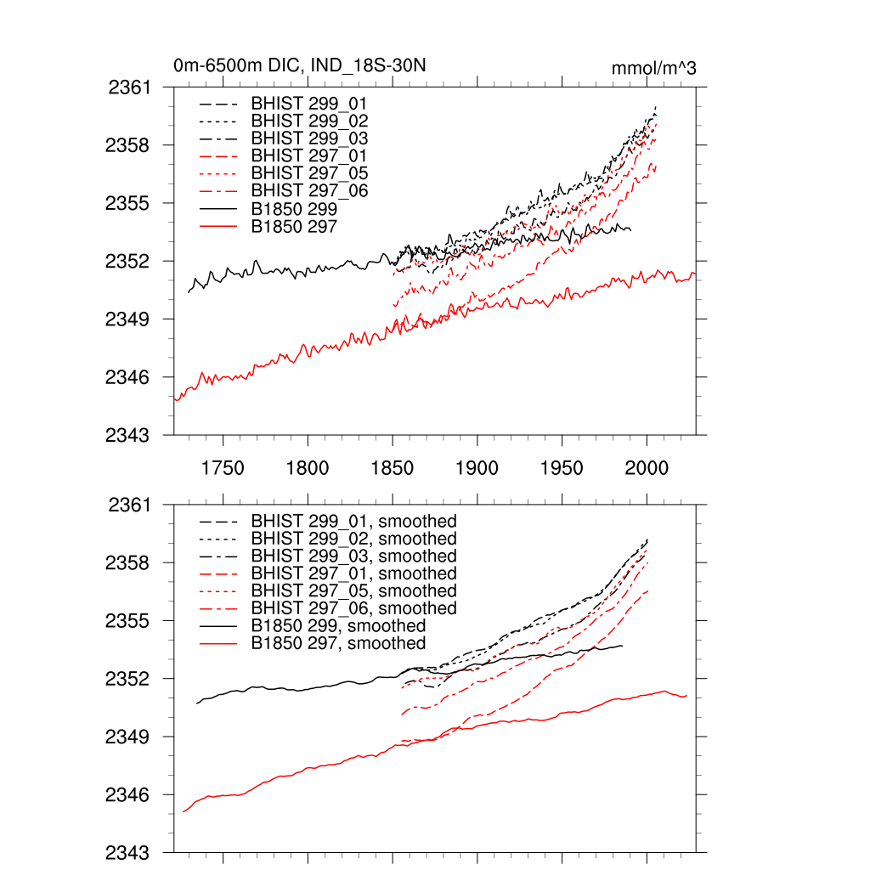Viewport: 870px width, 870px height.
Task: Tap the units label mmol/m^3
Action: tap(653, 68)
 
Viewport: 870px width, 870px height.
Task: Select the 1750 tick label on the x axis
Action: tap(223, 468)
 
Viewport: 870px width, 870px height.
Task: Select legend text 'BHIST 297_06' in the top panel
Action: tap(309, 190)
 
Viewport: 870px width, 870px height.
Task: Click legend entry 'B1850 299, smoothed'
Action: tap(338, 626)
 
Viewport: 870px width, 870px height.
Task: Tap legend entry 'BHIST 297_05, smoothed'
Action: tap(353, 590)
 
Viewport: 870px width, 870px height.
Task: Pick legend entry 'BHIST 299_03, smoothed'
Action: tap(353, 556)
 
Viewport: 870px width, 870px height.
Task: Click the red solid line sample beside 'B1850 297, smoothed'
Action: tap(218, 644)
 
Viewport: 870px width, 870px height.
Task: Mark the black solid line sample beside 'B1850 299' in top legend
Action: tap(218, 208)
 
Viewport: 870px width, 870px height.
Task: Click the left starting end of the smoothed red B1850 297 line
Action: tap(184, 811)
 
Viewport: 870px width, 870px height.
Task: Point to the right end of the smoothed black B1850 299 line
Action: tap(622, 646)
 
